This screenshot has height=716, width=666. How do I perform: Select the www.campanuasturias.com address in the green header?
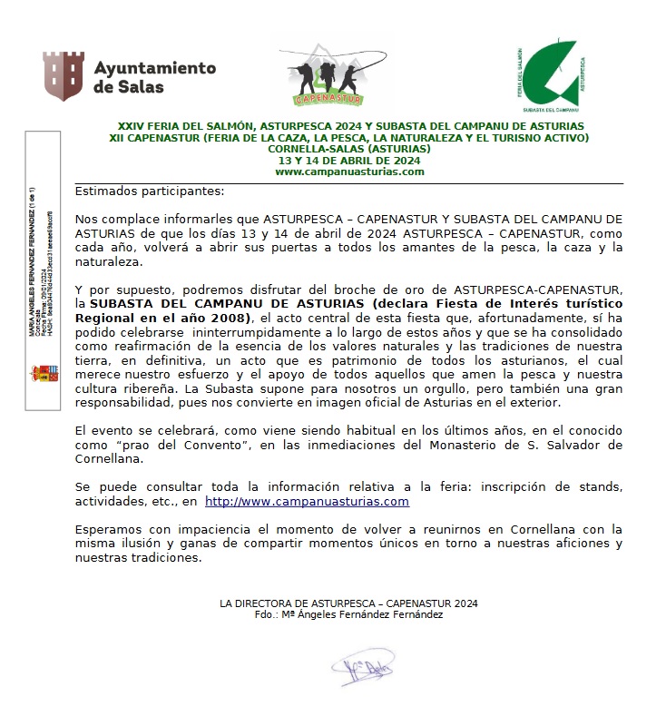click(349, 172)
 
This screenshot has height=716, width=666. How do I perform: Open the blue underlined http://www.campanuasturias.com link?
click(307, 501)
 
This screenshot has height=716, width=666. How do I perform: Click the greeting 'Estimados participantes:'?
click(148, 191)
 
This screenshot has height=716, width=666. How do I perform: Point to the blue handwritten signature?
click(362, 672)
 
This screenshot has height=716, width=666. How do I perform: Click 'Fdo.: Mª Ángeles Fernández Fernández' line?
click(349, 614)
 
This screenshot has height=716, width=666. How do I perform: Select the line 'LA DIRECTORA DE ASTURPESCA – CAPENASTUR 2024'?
click(349, 603)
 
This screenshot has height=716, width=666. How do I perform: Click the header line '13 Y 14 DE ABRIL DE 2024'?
click(349, 161)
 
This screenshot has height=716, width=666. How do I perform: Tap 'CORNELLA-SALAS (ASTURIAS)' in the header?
click(349, 149)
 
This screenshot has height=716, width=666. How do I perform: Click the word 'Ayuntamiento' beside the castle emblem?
click(155, 68)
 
